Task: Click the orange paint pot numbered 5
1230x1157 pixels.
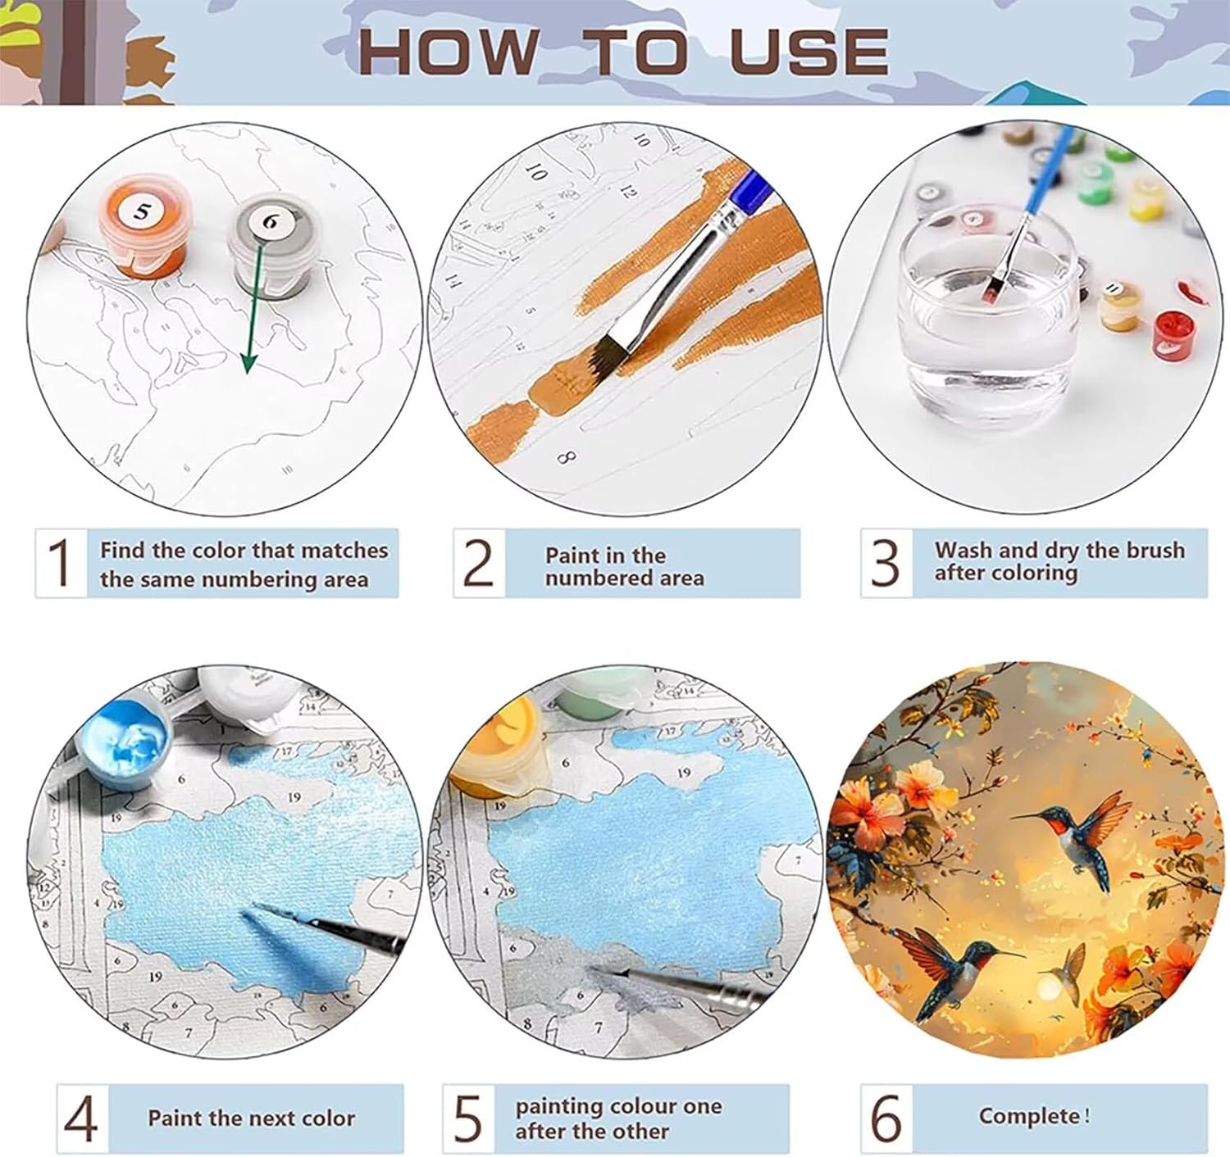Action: click(x=142, y=226)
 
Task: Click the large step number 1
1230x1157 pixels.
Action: click(x=60, y=562)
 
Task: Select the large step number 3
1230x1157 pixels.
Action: click(x=886, y=562)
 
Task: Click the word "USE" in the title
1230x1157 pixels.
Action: click(x=809, y=51)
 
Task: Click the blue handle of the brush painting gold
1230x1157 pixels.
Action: click(x=750, y=188)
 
